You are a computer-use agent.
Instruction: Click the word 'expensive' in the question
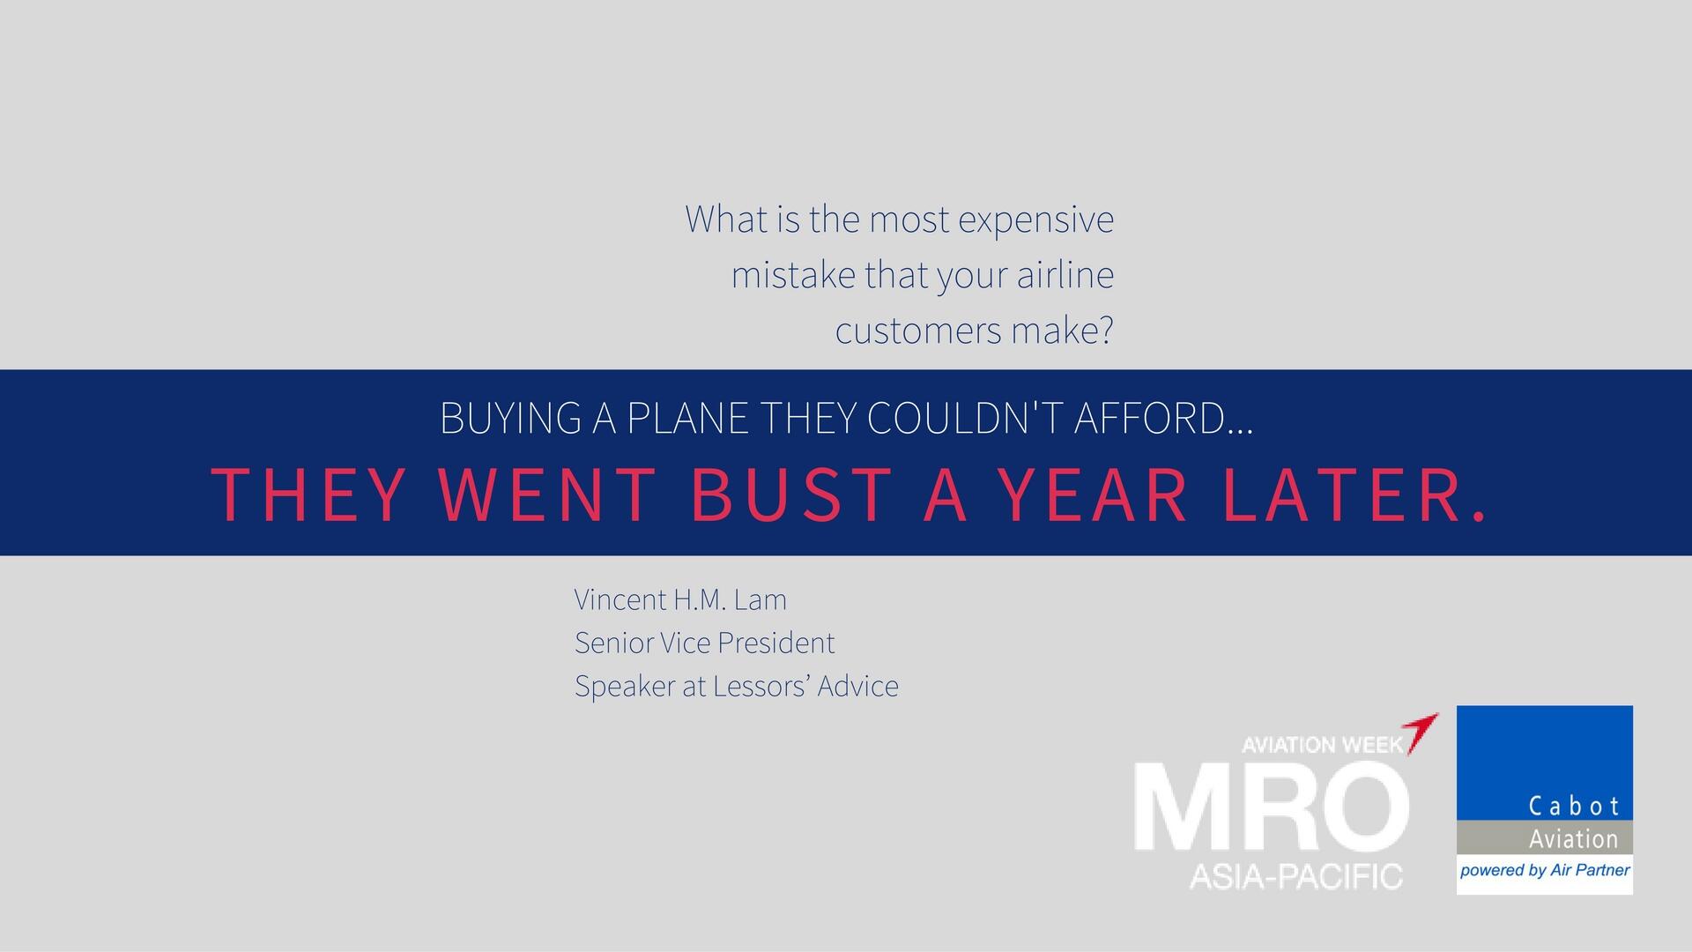click(1035, 220)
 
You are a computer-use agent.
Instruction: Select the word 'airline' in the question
click(1065, 275)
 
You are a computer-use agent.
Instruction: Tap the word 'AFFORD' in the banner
click(1148, 418)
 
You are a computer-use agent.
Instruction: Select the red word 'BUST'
click(791, 495)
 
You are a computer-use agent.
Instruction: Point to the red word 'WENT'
click(547, 495)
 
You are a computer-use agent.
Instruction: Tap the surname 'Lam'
click(760, 599)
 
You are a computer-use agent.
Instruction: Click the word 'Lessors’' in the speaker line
click(761, 686)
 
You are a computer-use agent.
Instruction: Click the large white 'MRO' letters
click(1272, 808)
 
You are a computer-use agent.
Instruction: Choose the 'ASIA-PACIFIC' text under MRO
click(1295, 876)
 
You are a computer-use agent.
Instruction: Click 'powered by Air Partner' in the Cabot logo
click(1545, 871)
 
